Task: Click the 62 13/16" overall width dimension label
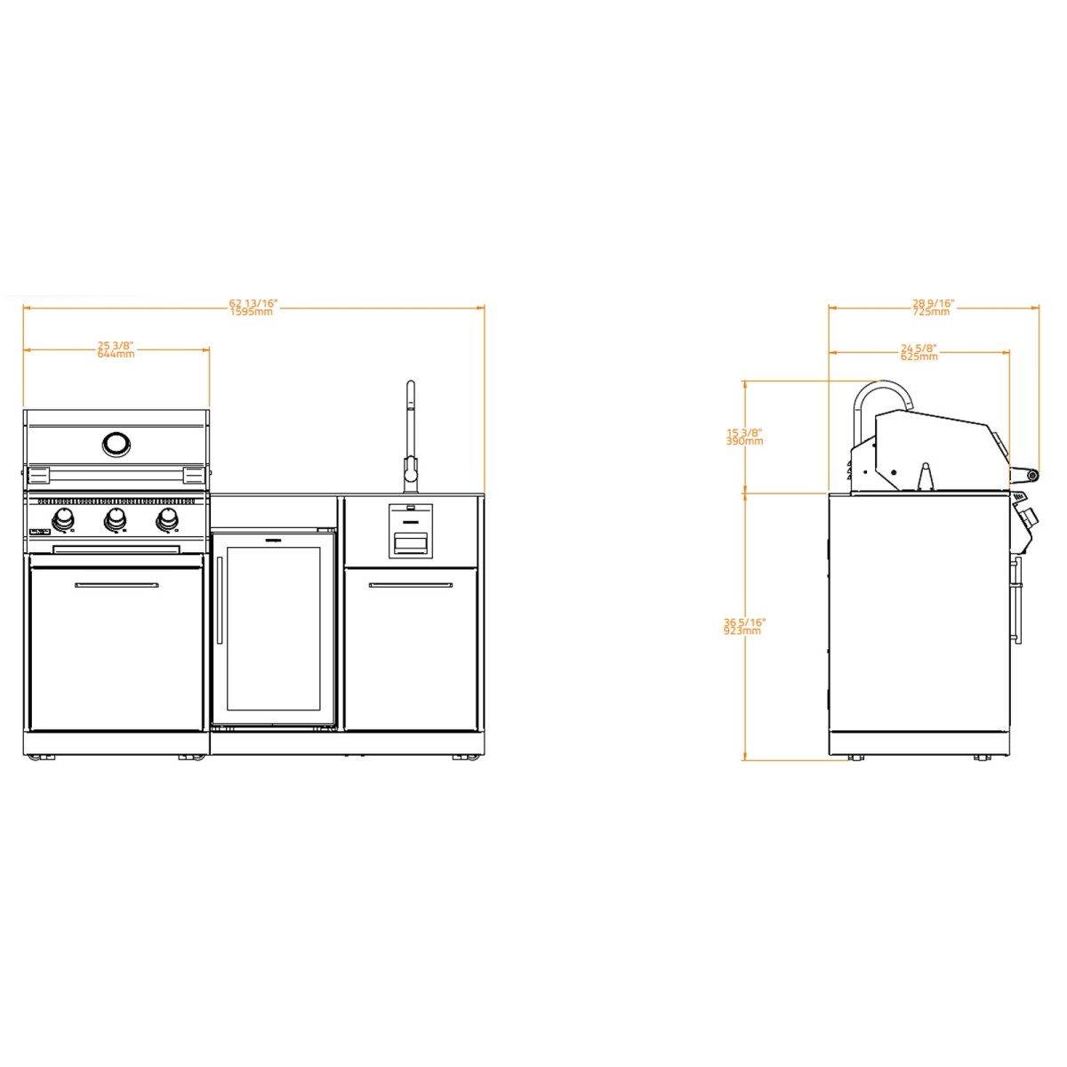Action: (x=253, y=308)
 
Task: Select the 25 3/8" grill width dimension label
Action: (x=116, y=349)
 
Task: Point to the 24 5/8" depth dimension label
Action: (x=919, y=352)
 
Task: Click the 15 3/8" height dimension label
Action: (x=744, y=437)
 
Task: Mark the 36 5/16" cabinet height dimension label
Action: (x=743, y=626)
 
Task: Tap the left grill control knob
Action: (x=64, y=520)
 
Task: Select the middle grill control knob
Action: (x=115, y=520)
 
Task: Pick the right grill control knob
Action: (x=165, y=520)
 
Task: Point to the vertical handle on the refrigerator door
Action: (x=220, y=600)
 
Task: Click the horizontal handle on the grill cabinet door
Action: (x=116, y=585)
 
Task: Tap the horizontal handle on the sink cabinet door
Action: (x=411, y=585)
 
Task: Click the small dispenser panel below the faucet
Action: (x=411, y=531)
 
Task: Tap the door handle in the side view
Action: (x=1018, y=600)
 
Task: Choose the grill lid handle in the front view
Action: (x=116, y=469)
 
